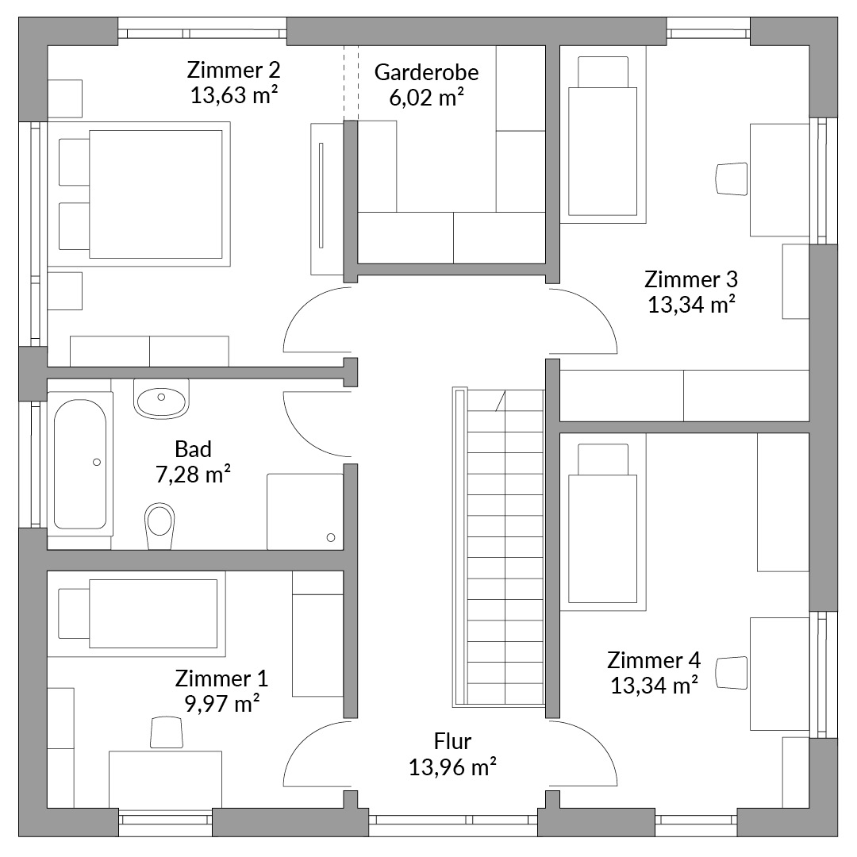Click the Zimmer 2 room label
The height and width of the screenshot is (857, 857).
233,70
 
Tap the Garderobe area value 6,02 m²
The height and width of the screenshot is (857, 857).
426,98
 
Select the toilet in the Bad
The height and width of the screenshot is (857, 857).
159,525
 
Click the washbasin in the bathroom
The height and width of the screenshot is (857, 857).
161,399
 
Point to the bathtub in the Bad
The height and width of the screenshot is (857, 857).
80,463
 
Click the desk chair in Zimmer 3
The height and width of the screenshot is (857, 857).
732,179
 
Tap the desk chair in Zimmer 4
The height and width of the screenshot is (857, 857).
732,673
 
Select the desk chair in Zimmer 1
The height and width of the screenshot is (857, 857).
166,732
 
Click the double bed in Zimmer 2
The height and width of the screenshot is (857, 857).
144,194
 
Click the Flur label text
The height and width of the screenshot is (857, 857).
452,742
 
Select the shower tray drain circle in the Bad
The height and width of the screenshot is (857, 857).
331,538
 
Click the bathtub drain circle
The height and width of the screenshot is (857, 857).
97,463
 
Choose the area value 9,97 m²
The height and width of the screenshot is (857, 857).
222,704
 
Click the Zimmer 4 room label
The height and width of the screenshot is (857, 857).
654,660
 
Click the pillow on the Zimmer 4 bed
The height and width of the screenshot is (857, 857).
603,459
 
